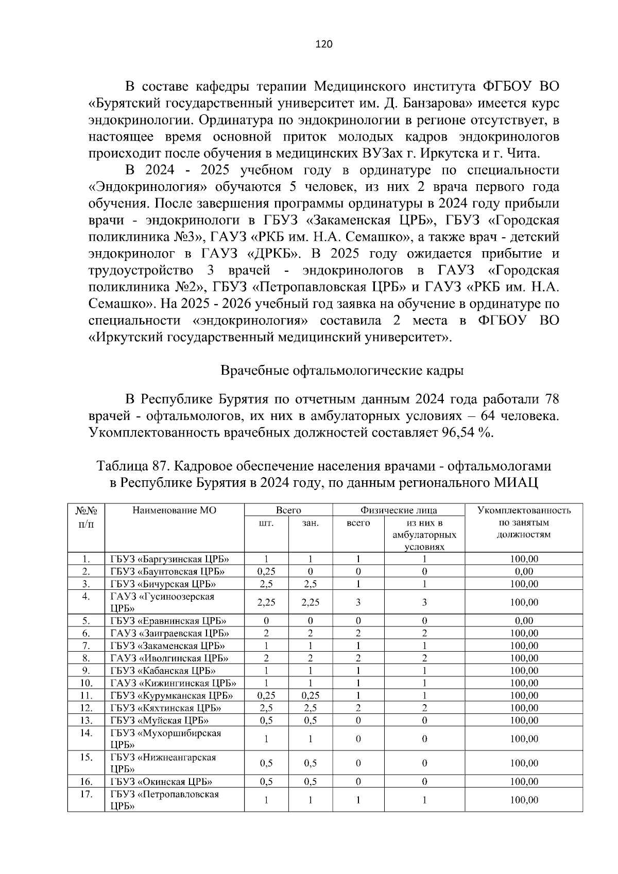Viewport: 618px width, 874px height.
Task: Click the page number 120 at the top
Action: click(324, 44)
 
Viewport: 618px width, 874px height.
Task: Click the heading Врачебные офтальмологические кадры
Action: click(342, 371)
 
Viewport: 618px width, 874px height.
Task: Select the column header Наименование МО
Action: click(174, 511)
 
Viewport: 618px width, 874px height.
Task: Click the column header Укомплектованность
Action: click(524, 511)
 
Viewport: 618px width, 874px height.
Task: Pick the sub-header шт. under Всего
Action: click(266, 523)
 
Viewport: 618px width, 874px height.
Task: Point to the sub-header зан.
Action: click(311, 523)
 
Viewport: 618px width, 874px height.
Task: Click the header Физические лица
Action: click(399, 511)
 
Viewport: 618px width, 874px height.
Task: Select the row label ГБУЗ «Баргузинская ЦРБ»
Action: click(169, 559)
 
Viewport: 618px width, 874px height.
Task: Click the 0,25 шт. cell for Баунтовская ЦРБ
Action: click(266, 571)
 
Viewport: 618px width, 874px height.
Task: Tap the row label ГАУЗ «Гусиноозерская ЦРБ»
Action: click(162, 602)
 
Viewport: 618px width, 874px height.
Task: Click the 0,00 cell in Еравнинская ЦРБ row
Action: click(524, 621)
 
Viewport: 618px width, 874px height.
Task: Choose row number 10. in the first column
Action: click(86, 683)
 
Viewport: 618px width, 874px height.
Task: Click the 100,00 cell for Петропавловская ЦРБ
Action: click(524, 800)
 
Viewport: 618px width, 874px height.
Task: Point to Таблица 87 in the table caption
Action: click(130, 466)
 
